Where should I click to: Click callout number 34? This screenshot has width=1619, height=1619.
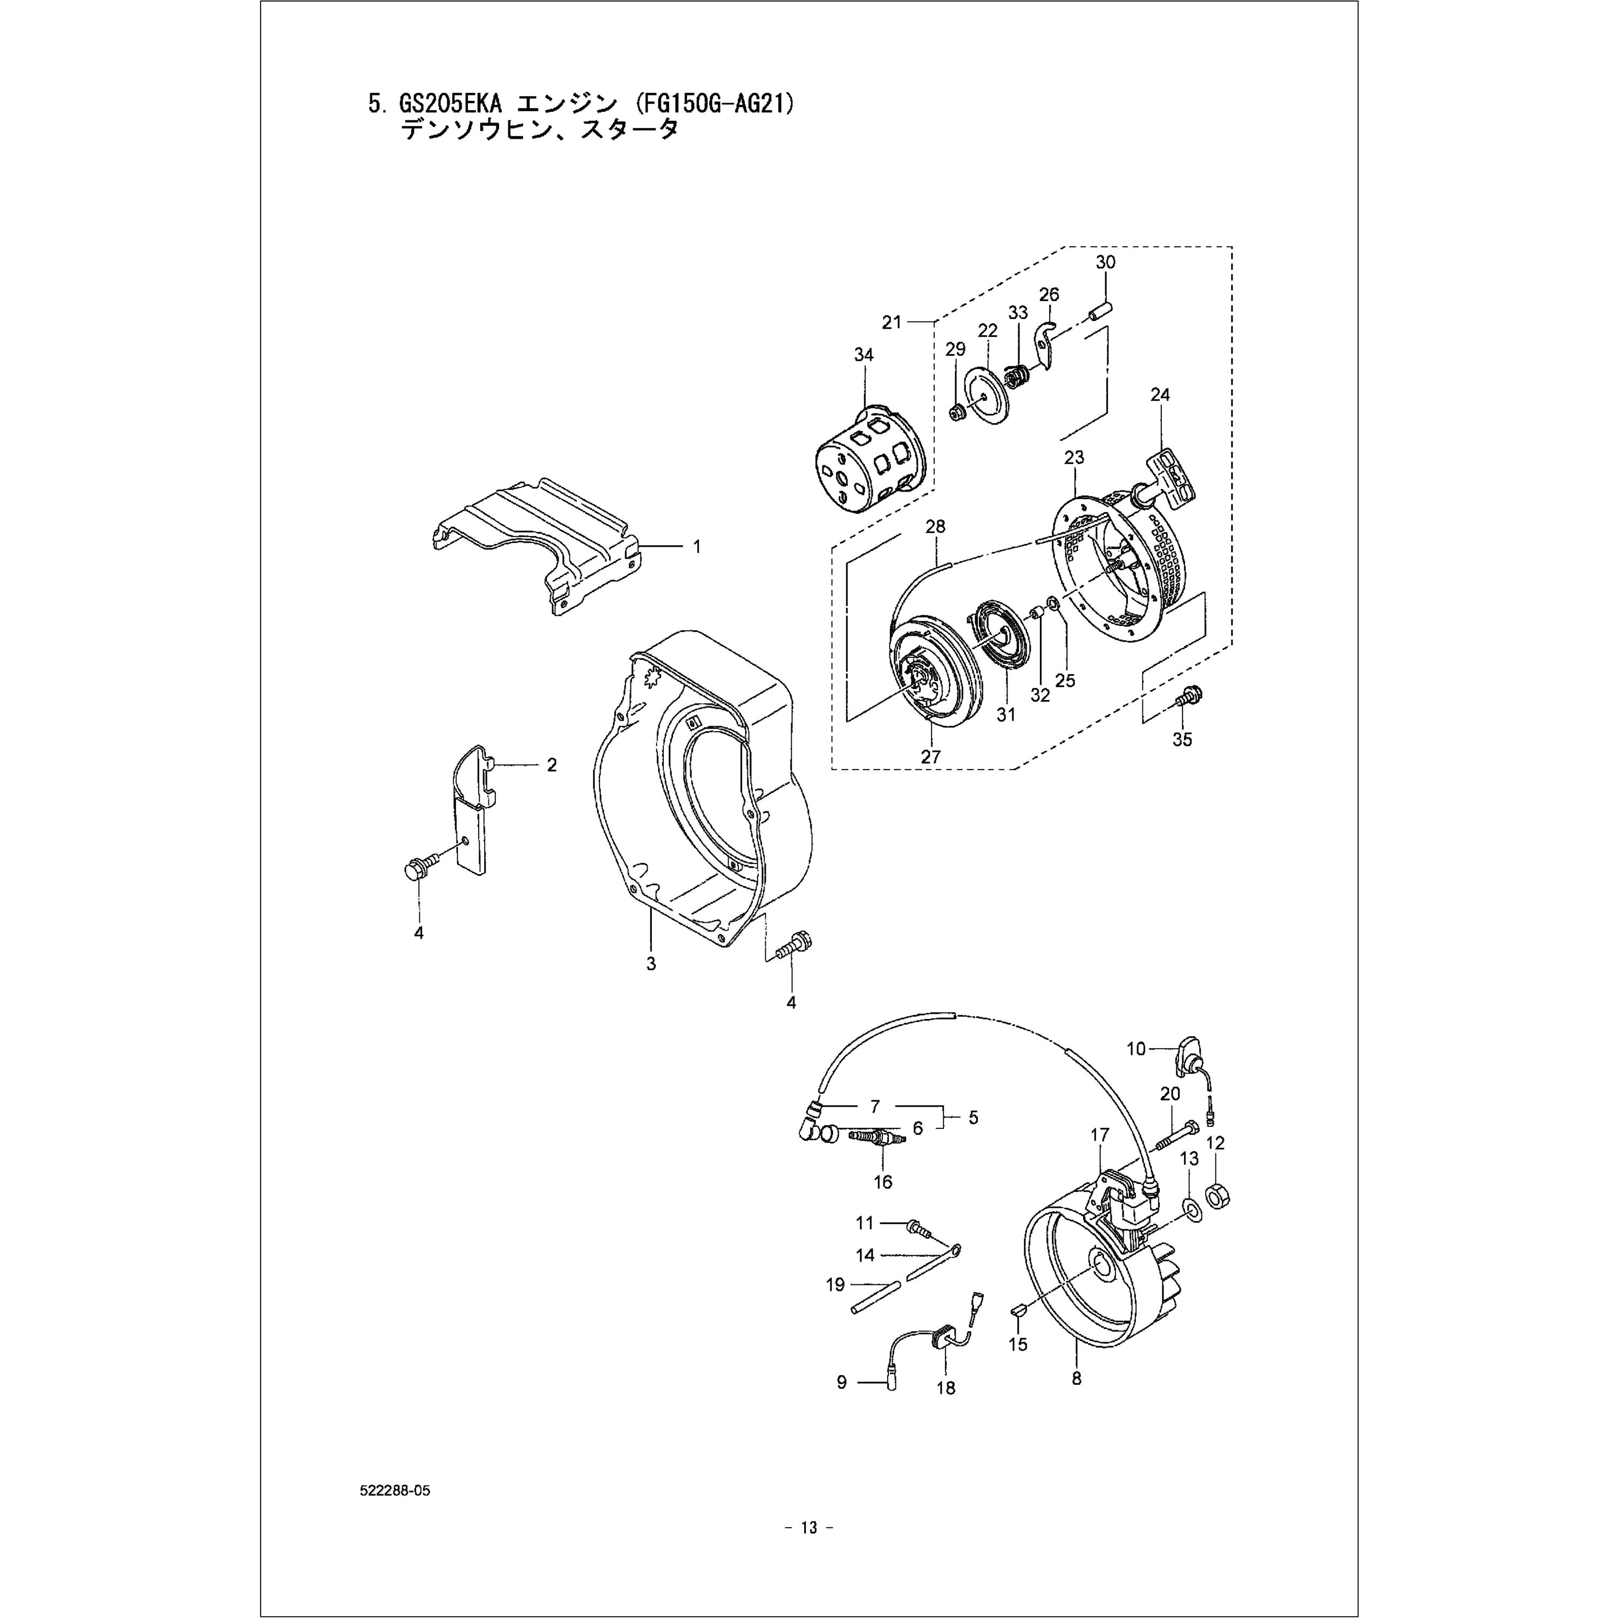point(863,355)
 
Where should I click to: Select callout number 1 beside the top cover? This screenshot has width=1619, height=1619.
point(696,546)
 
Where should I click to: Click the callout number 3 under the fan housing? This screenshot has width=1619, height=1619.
point(651,964)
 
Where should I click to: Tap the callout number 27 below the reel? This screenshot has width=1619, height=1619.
point(931,756)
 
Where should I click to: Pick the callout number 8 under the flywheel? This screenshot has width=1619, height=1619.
point(1077,1378)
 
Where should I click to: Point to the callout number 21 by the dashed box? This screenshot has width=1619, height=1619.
point(892,321)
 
